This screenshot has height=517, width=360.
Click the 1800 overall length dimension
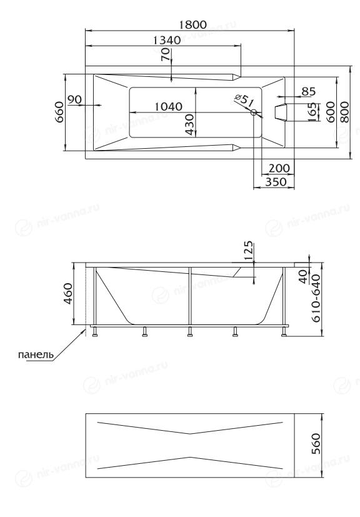pos(193,24)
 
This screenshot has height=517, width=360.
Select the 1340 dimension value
pos(167,40)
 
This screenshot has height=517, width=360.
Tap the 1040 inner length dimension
pos(168,106)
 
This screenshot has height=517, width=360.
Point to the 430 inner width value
pos(189,124)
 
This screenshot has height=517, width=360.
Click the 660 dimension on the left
pos(59,112)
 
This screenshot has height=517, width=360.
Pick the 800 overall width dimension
pos(344,112)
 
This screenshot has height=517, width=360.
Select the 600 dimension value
pos(331,112)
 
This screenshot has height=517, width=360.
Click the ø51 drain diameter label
pos(244,100)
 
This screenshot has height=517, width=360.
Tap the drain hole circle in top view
pos(254,113)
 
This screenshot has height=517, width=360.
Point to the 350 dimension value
pos(276,181)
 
